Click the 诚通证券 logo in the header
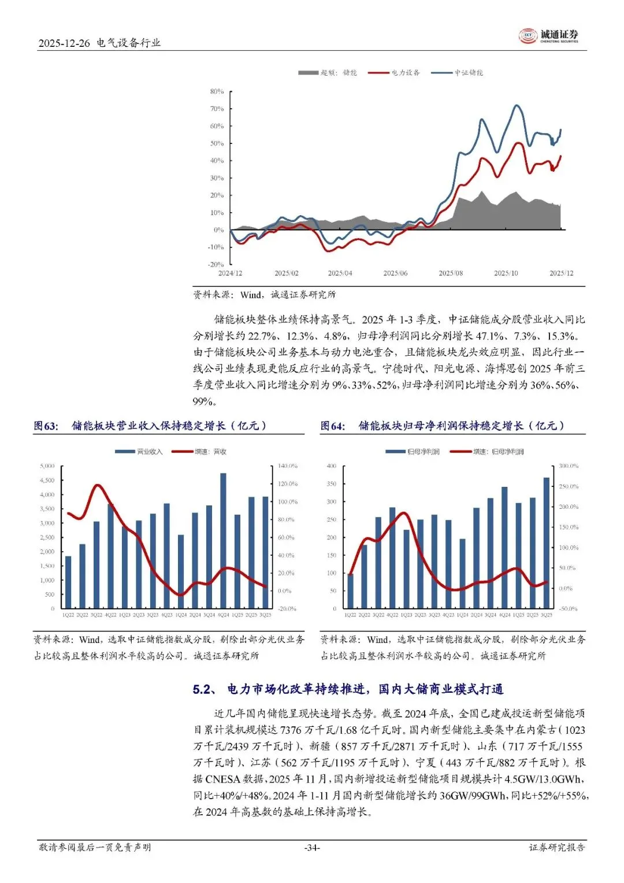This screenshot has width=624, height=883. [x=548, y=36]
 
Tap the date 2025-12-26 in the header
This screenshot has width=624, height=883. [x=64, y=43]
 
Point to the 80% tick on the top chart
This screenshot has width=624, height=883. [x=217, y=91]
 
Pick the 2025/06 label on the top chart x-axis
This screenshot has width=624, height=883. [x=395, y=273]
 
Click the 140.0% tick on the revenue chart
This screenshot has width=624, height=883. [x=287, y=466]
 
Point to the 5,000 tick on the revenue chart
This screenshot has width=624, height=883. [x=47, y=466]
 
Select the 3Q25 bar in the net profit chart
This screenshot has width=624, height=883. [x=547, y=542]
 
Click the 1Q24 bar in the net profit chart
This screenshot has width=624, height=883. [x=462, y=573]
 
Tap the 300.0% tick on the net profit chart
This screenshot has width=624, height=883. [x=568, y=466]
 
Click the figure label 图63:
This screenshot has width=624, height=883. [x=46, y=426]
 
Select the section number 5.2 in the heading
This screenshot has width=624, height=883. [x=203, y=689]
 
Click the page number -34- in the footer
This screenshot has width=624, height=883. [x=312, y=848]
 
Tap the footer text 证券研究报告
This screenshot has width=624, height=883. [x=557, y=848]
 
